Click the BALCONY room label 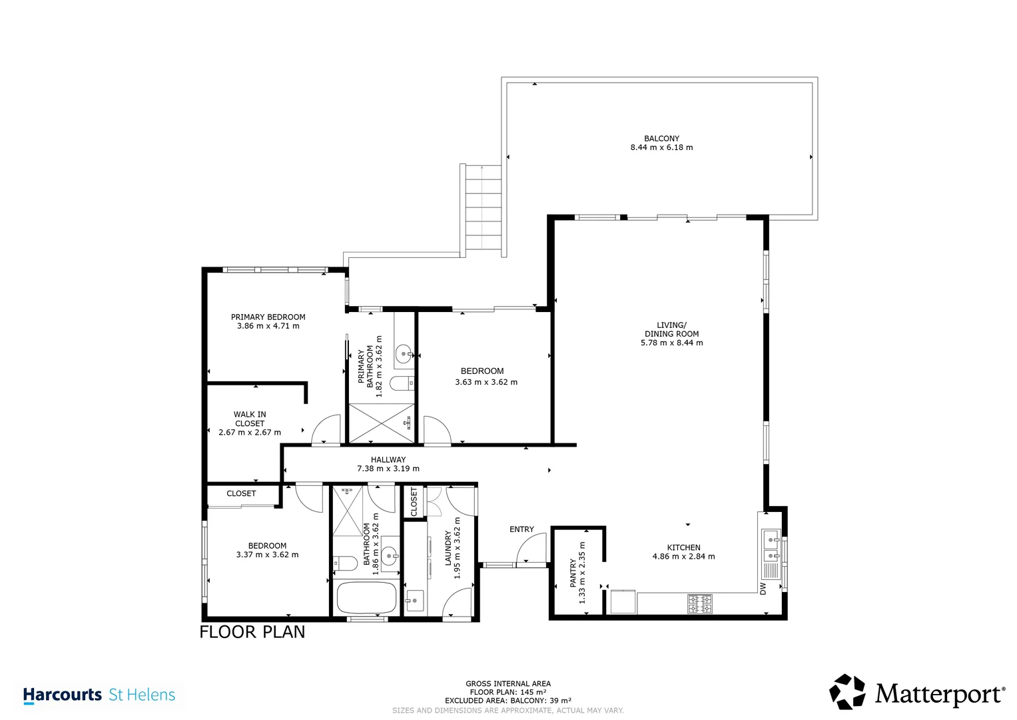pos(661,139)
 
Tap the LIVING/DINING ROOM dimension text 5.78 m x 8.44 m pos(671,343)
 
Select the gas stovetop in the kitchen pos(699,604)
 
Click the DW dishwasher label pos(763,589)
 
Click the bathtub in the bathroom pos(366,598)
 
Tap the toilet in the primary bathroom pos(402,383)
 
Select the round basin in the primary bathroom pos(403,353)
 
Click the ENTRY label pos(521,529)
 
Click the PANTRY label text pos(573,573)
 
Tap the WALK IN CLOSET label pos(250,419)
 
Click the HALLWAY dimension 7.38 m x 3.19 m pos(388,468)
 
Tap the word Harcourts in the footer pos(62,695)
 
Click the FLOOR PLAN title pos(252,632)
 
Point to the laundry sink pos(414,601)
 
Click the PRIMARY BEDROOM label pos(268,317)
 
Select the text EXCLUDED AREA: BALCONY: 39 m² pos(508,701)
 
